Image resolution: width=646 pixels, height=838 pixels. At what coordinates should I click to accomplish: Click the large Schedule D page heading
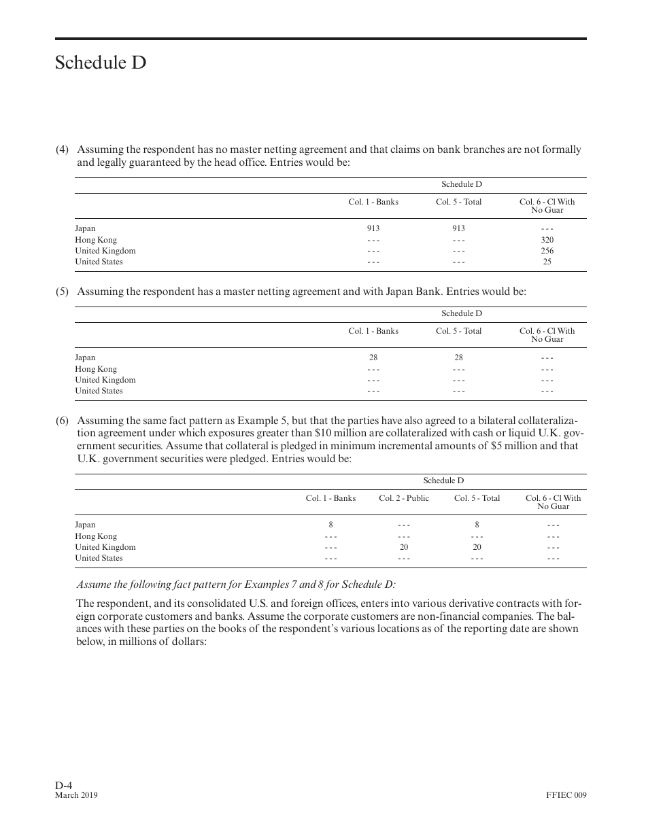101,63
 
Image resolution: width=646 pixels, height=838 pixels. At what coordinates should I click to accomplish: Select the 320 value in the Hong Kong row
547,240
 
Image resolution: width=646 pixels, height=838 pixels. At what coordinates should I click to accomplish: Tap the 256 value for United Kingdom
547,251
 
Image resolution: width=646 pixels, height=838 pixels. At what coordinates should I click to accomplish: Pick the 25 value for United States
547,262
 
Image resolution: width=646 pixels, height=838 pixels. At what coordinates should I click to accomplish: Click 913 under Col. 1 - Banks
373,229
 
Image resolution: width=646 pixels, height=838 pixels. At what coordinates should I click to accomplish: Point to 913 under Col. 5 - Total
458,229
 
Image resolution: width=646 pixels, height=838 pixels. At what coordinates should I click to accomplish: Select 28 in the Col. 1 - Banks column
373,357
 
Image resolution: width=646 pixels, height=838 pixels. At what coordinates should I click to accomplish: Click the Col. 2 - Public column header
404,498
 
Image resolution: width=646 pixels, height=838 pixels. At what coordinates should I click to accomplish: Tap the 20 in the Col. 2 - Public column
404,547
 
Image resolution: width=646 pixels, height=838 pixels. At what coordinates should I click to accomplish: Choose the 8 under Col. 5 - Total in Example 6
477,525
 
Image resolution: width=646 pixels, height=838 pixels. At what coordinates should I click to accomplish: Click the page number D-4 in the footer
64,785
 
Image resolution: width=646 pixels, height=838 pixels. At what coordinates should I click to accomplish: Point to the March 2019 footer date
76,795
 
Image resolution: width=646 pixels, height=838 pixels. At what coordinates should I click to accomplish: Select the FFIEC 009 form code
566,795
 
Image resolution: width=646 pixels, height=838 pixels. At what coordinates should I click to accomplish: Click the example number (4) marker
62,150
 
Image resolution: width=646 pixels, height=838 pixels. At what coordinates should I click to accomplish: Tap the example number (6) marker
62,421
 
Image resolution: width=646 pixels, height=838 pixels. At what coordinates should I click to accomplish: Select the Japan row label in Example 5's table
85,357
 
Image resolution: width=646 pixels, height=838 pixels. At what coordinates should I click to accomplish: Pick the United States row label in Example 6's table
99,558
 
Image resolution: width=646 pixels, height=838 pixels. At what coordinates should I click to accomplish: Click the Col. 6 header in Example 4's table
547,205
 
